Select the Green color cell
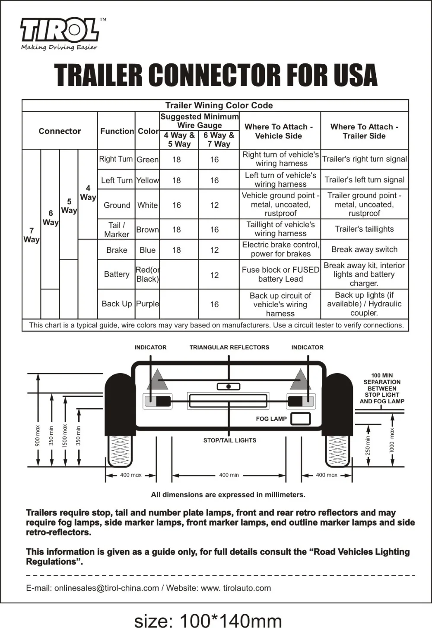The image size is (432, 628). coord(147,160)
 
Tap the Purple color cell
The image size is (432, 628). coord(147,304)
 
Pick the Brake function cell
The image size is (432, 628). coord(117,250)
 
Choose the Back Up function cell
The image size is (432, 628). coord(117,304)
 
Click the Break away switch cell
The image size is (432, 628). coord(364,249)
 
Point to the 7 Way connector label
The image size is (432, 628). coord(31,235)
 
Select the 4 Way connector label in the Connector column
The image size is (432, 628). coord(88,193)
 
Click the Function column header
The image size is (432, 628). coord(117,131)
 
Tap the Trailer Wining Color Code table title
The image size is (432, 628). coord(219,106)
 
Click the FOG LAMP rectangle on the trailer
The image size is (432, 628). coord(301,419)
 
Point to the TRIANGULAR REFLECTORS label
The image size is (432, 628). coord(229,347)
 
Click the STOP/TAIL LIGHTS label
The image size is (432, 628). coord(229,440)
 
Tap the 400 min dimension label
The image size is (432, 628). coord(229,475)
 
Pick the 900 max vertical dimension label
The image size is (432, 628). coord(38,436)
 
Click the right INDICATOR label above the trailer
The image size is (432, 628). coord(307,347)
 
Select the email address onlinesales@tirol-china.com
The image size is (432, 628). coord(106,588)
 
